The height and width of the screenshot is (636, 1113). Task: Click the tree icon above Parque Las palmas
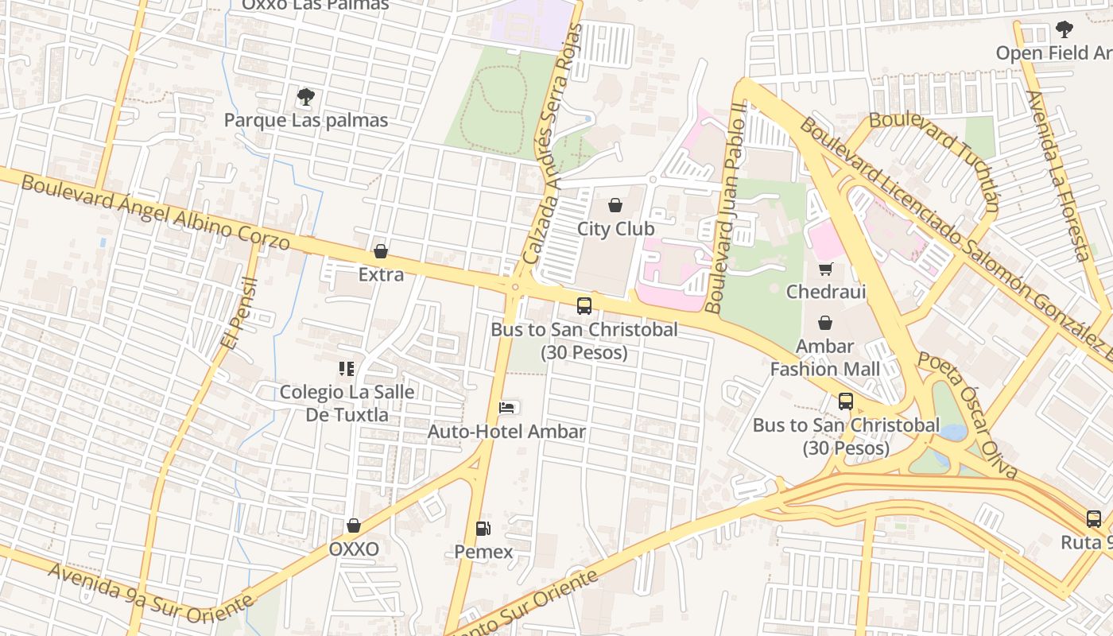(x=305, y=98)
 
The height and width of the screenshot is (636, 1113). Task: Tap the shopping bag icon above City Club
(x=615, y=206)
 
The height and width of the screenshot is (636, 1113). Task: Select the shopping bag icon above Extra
(x=381, y=252)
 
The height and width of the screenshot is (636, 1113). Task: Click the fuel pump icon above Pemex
(x=483, y=528)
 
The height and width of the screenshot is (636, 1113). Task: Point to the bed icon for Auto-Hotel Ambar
(x=506, y=408)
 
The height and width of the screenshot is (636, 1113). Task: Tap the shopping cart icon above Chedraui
(x=825, y=269)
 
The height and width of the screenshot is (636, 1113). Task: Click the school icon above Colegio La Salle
(x=346, y=369)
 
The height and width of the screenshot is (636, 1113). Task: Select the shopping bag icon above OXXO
(x=354, y=526)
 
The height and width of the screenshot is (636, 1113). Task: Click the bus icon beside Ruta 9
(x=1094, y=519)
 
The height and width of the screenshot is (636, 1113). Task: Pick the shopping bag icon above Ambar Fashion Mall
(x=825, y=323)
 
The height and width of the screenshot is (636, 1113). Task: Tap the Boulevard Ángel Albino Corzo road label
(x=155, y=212)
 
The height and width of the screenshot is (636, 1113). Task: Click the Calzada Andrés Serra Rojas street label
(x=553, y=143)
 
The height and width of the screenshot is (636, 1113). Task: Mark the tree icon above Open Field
(x=1065, y=30)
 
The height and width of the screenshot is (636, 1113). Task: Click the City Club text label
(x=615, y=229)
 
